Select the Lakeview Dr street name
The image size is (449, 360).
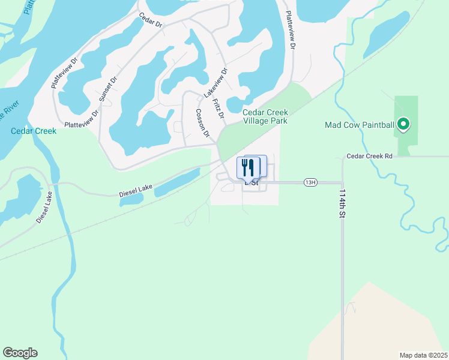click(215, 82)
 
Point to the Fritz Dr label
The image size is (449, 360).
click(217, 108)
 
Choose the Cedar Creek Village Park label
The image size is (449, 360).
click(265, 116)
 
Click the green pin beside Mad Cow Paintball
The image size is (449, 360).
click(404, 125)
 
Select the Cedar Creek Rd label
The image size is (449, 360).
click(369, 156)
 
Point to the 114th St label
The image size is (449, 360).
click(342, 203)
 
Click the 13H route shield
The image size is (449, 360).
click(310, 182)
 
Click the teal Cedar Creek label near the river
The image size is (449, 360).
click(34, 131)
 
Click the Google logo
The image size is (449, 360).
click(20, 353)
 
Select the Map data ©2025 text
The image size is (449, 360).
click(423, 355)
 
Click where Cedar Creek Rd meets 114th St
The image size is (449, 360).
click(342, 157)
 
